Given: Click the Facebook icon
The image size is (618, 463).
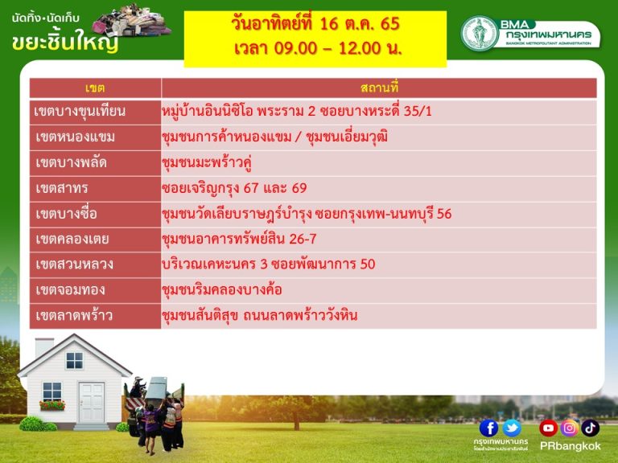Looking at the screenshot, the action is click(488, 428).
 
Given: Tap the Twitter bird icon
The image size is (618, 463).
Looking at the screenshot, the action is click(512, 428).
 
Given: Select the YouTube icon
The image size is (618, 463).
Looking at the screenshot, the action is click(548, 428).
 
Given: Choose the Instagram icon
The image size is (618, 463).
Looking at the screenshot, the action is click(569, 428).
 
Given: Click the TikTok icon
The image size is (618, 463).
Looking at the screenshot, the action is click(590, 428).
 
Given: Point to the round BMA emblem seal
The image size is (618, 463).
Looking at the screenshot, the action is click(480, 34).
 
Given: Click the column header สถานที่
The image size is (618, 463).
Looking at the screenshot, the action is click(379, 88).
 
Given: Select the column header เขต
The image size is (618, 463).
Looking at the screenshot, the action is click(95, 88).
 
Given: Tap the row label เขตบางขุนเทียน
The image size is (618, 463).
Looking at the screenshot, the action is click(80, 112).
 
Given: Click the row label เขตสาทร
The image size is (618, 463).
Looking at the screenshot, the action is click(62, 188).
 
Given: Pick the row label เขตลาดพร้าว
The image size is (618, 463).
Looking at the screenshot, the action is click(74, 316).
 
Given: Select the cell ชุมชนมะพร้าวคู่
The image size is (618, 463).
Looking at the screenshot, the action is click(207, 162).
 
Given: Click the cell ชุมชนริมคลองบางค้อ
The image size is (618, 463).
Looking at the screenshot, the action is click(222, 289).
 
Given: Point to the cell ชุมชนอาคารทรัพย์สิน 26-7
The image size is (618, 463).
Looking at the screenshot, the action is click(239, 239).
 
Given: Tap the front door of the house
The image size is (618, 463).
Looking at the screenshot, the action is click(92, 403).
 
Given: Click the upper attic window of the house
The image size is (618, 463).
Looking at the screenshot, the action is click(75, 360).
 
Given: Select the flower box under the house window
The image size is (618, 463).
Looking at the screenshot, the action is click(52, 405).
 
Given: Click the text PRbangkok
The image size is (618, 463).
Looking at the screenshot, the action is click(571, 446).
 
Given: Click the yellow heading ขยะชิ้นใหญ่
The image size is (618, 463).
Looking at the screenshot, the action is click(65, 42).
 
